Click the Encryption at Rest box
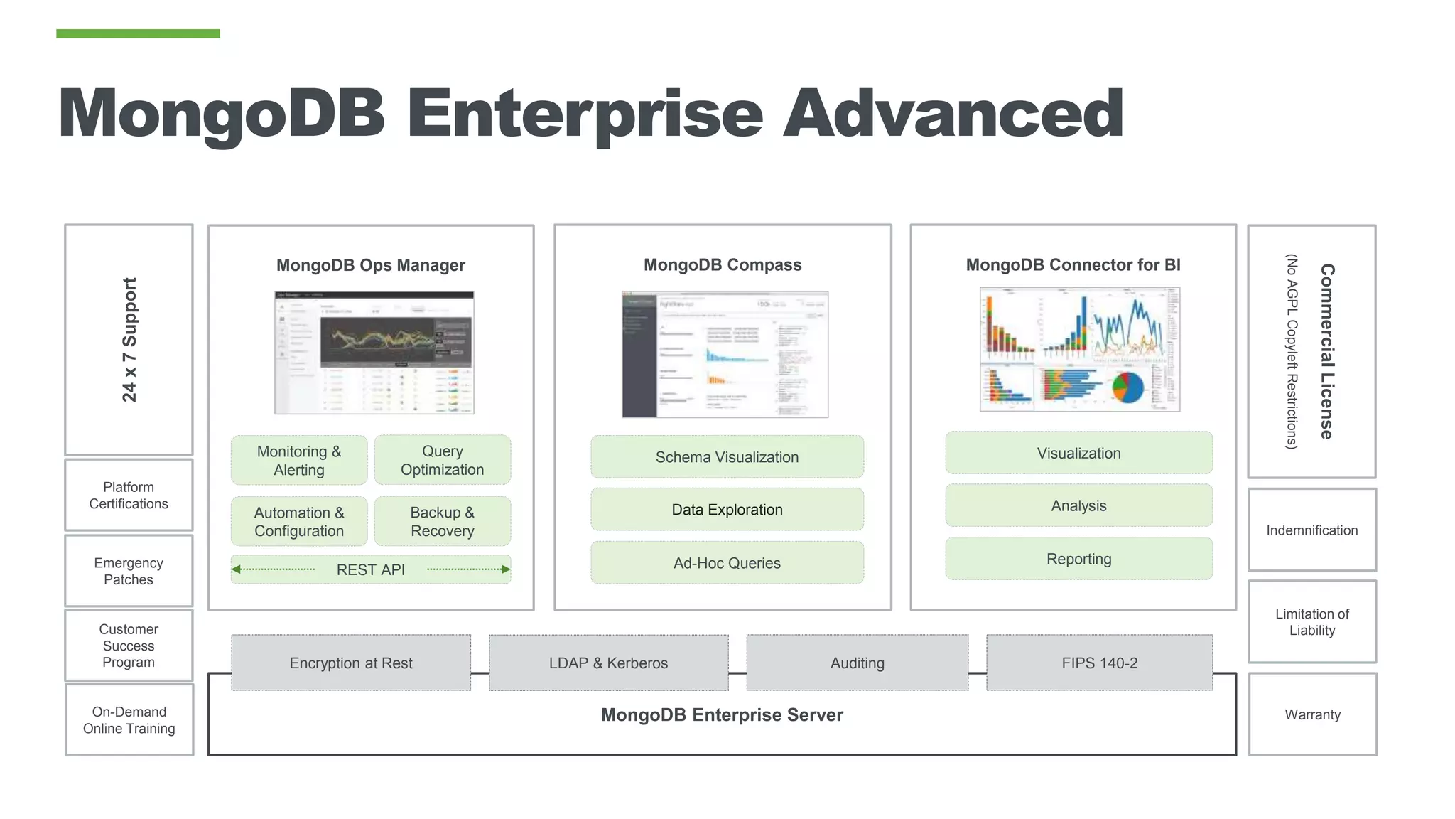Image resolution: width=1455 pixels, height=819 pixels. [351, 663]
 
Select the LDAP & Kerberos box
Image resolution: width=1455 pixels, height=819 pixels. [608, 663]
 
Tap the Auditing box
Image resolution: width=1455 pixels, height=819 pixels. [857, 663]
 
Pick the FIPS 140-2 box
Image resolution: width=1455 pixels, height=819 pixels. [1099, 663]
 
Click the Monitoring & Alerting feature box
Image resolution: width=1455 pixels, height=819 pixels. [299, 461]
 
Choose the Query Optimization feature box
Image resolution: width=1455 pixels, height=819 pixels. [442, 461]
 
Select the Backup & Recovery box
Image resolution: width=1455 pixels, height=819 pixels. [442, 522]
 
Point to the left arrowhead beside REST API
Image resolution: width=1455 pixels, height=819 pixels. [237, 569]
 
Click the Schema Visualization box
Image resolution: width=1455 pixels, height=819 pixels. [727, 457]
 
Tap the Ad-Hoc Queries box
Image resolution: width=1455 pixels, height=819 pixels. [727, 563]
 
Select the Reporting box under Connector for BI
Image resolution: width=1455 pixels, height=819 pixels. [1078, 559]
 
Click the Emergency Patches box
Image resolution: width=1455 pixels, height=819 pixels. [129, 571]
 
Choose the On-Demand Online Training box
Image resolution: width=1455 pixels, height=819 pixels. [129, 719]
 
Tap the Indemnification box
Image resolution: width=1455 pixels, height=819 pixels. [1311, 530]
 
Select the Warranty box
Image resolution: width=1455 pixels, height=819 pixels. [1312, 714]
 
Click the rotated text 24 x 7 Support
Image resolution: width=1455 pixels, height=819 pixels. [129, 340]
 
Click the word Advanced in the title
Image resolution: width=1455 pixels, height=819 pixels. [953, 114]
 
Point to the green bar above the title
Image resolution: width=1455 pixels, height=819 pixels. [138, 33]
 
